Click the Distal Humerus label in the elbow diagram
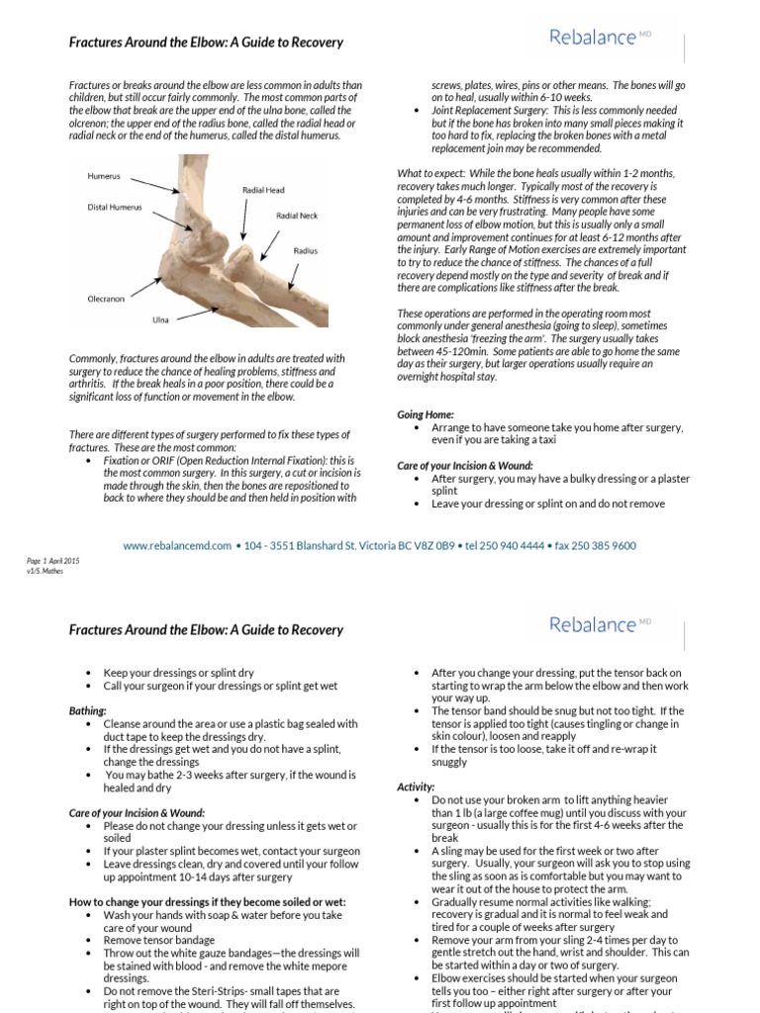[x=115, y=208]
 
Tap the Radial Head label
[x=263, y=189]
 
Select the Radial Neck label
[x=297, y=214]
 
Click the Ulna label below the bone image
[x=160, y=320]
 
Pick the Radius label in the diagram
[x=306, y=251]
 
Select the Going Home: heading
[x=426, y=414]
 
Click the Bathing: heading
[x=88, y=710]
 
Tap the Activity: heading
[x=416, y=786]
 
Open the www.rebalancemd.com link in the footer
[x=177, y=545]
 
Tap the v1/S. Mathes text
[x=45, y=571]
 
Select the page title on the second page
[x=205, y=630]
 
